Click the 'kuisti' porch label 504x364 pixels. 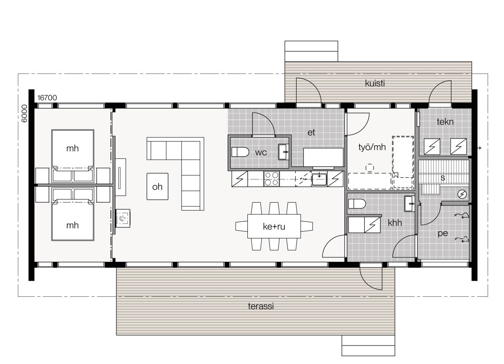click(x=375, y=83)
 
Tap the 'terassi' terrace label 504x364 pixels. click(x=260, y=306)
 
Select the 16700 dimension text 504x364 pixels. click(x=47, y=98)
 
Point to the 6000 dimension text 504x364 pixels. click(x=24, y=113)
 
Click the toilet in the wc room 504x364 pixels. click(x=240, y=152)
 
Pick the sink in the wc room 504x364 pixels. click(x=283, y=152)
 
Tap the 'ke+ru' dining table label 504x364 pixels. click(x=274, y=226)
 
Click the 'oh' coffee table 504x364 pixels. click(x=157, y=187)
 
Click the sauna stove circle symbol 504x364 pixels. click(x=462, y=194)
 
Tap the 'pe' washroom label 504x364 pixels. click(x=443, y=233)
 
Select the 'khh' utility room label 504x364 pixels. click(x=395, y=223)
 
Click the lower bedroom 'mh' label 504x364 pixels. click(x=72, y=225)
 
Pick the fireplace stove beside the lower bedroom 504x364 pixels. click(x=123, y=219)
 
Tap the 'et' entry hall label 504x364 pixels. click(x=311, y=132)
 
